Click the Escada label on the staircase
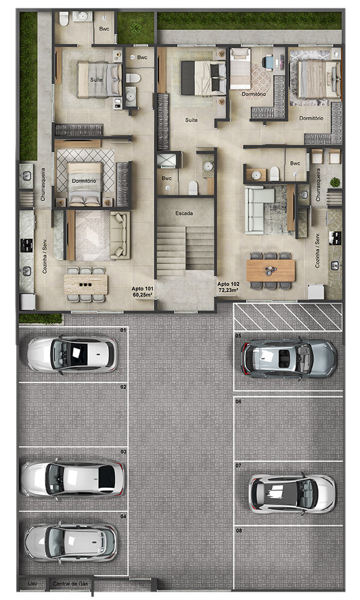[184, 213]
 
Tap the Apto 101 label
[142, 289]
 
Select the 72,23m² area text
[228, 290]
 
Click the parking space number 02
[123, 387]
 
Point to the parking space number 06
[239, 401]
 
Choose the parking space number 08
[239, 531]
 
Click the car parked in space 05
[289, 359]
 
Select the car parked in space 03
[73, 479]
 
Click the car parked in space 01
[73, 355]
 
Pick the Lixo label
[32, 584]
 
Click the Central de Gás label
[70, 584]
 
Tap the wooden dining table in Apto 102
[271, 271]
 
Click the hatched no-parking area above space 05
[287, 317]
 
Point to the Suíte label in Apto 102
[191, 120]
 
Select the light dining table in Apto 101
[86, 284]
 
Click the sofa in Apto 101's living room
[120, 235]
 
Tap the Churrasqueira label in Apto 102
[318, 185]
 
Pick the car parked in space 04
[70, 542]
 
